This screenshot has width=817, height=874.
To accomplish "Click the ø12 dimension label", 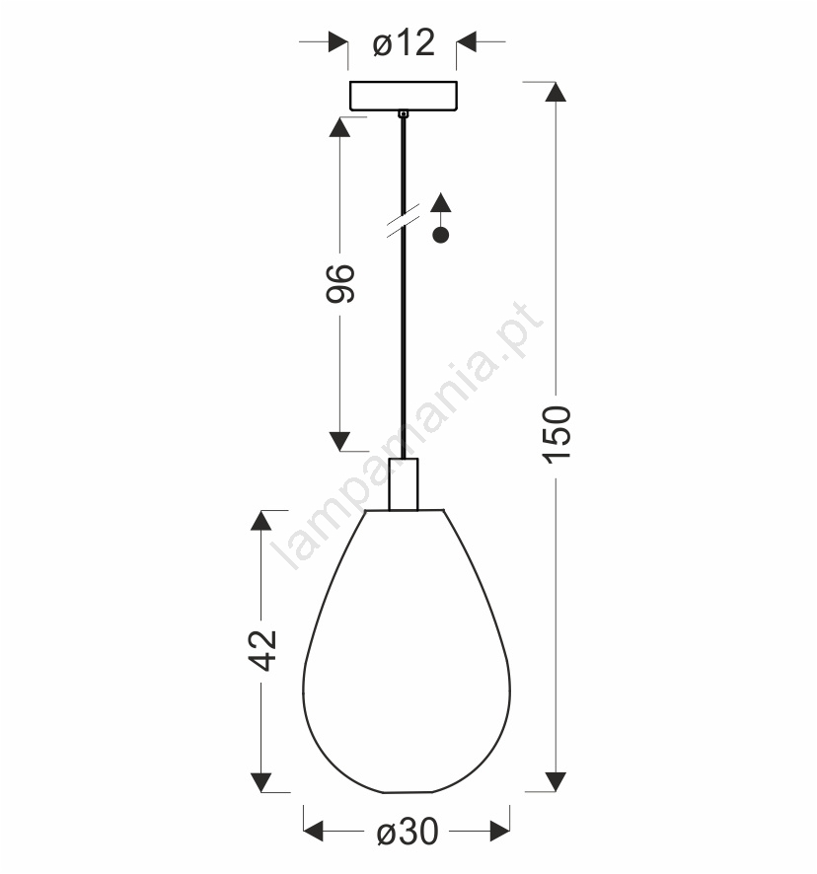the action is point(404,43).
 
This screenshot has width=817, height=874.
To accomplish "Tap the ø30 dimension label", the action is point(408,833).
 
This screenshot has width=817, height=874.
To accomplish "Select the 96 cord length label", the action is point(340,284).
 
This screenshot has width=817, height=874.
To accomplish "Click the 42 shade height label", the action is point(262,650).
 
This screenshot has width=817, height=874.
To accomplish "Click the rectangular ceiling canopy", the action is point(404,96).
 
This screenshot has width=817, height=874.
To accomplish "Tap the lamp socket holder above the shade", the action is point(404,483).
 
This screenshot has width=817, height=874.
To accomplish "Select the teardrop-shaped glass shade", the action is point(407,650).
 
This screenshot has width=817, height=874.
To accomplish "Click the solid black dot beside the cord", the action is point(440,235).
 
